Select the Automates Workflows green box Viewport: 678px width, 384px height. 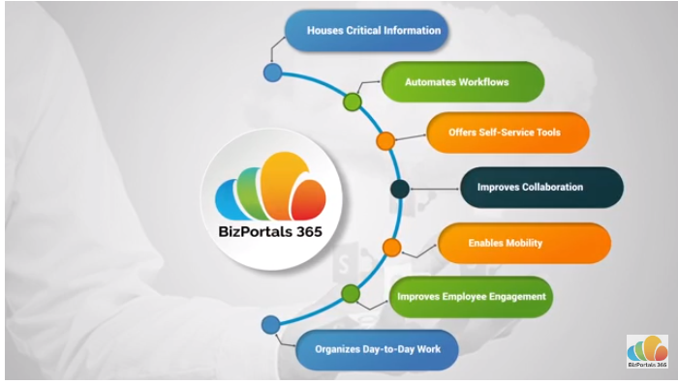coord(461,82)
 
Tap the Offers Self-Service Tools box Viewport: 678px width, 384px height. coord(508,132)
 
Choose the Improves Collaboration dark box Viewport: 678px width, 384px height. coord(539,188)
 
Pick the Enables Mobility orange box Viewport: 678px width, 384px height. coord(524,243)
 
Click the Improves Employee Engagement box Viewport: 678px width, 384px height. coord(471,296)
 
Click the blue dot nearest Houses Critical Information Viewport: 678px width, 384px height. coord(273,73)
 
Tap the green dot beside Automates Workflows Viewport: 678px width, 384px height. coord(352,101)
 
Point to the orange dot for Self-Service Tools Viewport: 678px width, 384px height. coord(385,141)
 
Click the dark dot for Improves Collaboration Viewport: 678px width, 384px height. coord(398,189)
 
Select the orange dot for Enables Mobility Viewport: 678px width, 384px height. coord(391,247)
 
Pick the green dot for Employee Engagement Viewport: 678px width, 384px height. coord(351,293)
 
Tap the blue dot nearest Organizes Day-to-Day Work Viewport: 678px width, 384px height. coord(271,324)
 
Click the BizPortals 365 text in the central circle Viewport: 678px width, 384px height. coord(275,230)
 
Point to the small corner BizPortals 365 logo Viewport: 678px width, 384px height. coord(646,352)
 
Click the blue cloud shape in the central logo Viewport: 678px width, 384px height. coord(231,199)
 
